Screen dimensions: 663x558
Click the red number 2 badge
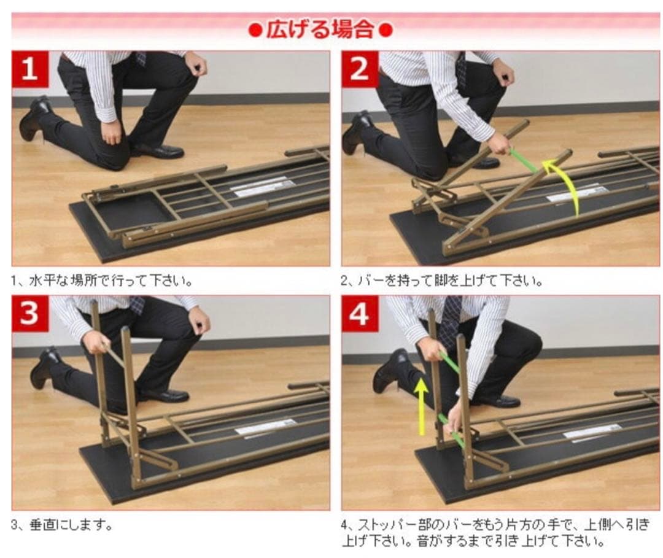click(360, 69)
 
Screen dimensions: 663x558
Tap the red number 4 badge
click(360, 314)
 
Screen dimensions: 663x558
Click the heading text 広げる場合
click(320, 29)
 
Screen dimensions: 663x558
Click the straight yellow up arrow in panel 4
click(421, 406)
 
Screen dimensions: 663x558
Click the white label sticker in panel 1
click(262, 187)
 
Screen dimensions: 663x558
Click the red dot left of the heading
click(255, 31)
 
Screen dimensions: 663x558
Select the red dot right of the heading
click(386, 31)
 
